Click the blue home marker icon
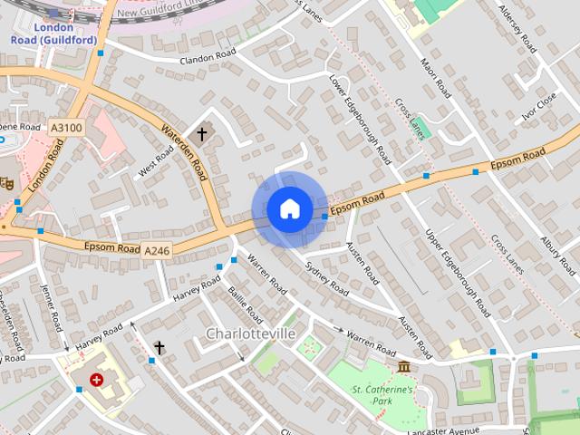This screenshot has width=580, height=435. pos(289,209)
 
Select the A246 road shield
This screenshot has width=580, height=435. pos(156,249)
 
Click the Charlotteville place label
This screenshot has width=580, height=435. pos(251,334)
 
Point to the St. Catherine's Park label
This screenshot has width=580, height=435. pos(382,395)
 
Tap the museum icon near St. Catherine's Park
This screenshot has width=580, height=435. pos(403,366)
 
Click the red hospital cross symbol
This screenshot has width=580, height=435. pos(96,381)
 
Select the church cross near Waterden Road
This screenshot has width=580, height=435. pos(201,134)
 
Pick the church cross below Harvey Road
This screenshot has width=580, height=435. pos(159,347)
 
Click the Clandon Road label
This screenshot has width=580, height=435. pos(208,58)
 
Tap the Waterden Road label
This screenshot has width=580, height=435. pos(186,151)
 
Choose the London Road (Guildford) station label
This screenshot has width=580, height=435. pos(42,34)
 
